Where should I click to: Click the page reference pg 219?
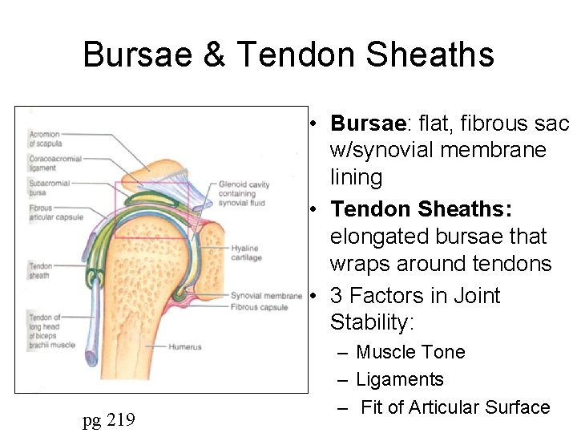[x=108, y=419]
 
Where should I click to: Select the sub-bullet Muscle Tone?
[x=410, y=352]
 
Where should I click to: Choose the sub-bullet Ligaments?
[x=400, y=379]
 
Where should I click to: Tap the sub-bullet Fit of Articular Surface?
[x=455, y=407]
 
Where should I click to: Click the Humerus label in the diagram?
[x=184, y=347]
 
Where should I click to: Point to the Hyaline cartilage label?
[x=246, y=253]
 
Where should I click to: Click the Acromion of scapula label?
[x=45, y=139]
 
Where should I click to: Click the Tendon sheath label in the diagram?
[x=41, y=271]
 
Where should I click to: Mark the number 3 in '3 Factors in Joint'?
[x=336, y=296]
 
